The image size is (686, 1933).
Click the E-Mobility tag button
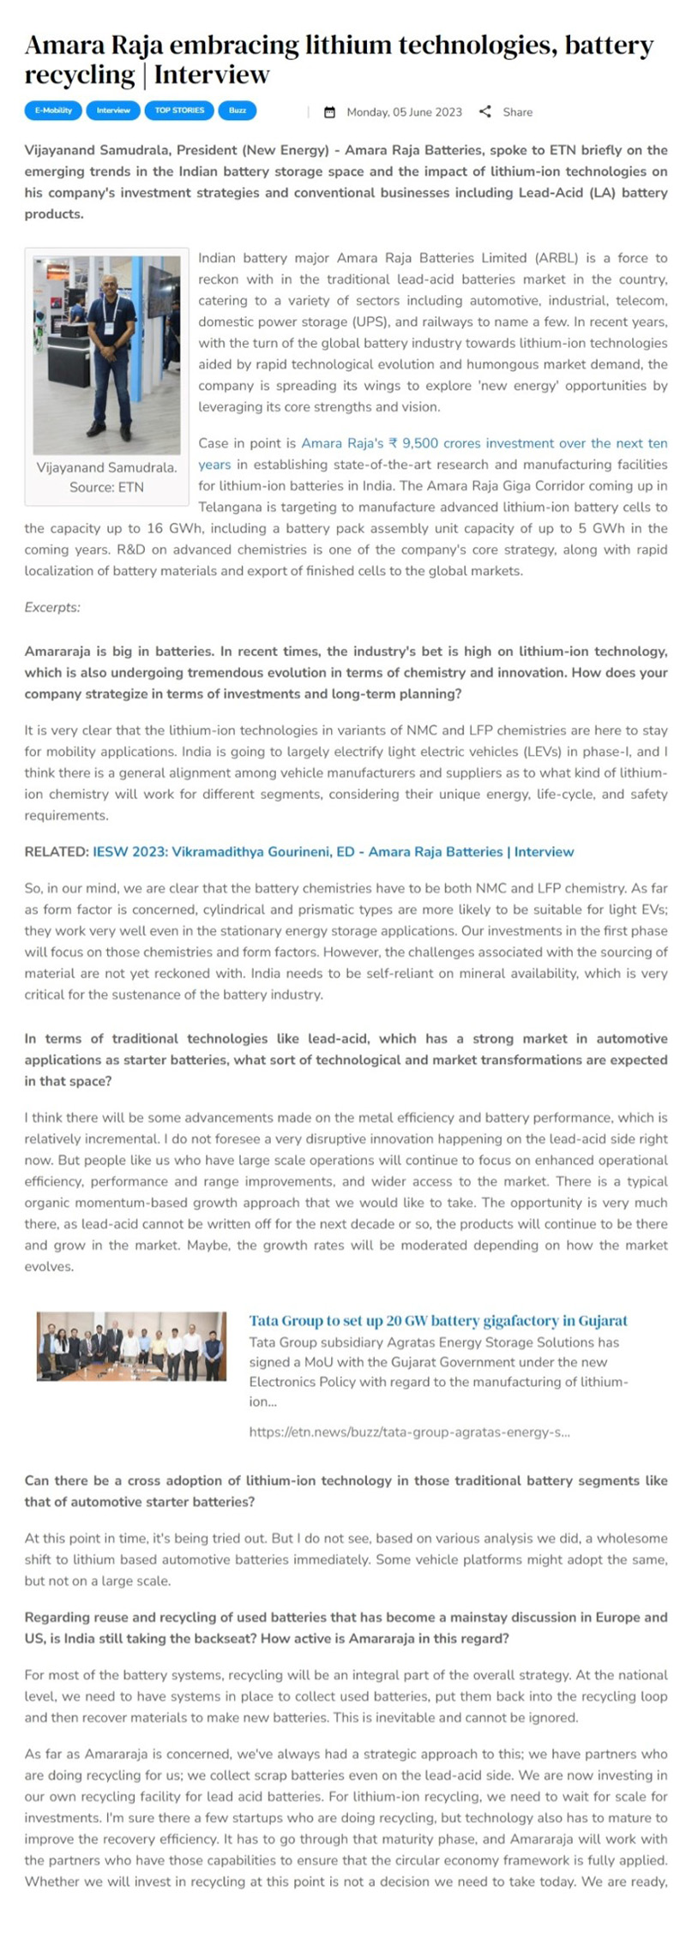pos(53,111)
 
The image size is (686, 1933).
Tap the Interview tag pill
pos(113,111)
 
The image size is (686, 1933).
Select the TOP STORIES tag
pos(179,111)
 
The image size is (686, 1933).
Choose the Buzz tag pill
pos(238,111)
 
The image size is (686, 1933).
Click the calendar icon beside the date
pos(330,112)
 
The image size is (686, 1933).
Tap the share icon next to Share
pos(485,111)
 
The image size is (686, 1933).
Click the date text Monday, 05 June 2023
pos(404,112)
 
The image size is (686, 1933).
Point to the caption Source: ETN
pos(106,487)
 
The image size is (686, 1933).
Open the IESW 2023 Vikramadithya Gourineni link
pos(333,852)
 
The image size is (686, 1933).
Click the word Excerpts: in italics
pos(52,608)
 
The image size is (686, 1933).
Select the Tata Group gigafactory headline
pos(438,1321)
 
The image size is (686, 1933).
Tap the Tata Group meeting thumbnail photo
pos(132,1346)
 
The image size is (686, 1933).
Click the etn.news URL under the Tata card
pos(409,1432)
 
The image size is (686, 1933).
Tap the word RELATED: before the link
pos(56,852)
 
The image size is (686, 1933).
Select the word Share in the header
pos(517,112)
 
